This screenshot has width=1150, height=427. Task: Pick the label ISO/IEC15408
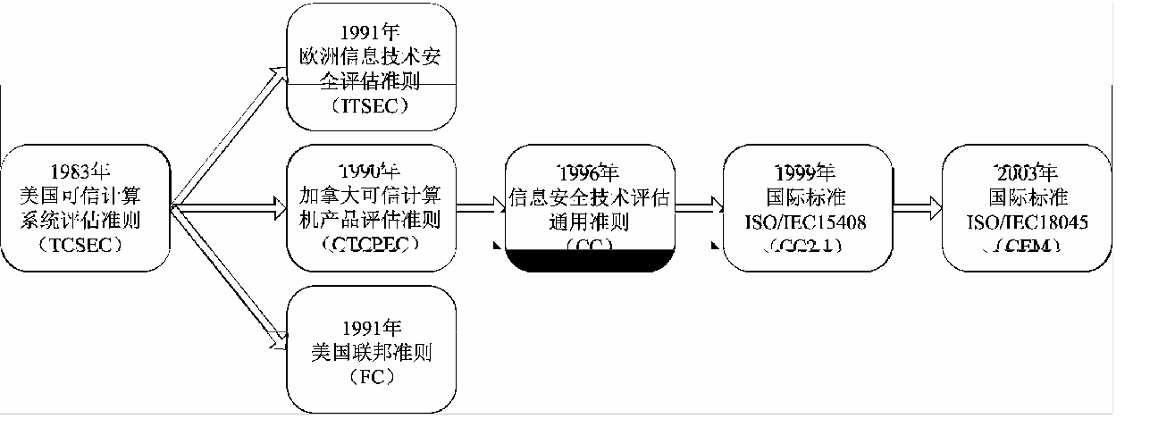coord(806,220)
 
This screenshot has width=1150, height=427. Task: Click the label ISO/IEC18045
coord(1028,220)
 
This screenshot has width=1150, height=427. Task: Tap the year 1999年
coord(806,172)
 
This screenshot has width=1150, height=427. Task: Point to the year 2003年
coord(1028,172)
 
